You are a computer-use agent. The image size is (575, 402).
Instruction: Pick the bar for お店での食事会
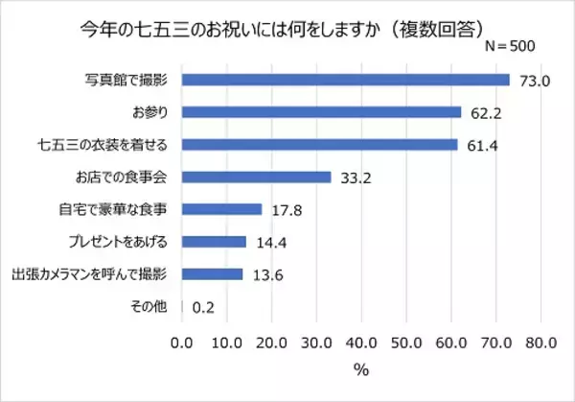coord(256,177)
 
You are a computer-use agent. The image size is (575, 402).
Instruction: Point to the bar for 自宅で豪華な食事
coord(221,209)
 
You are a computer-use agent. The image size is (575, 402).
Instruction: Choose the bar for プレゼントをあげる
coord(214,242)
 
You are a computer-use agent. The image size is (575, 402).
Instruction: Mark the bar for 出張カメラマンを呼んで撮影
coord(212,274)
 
